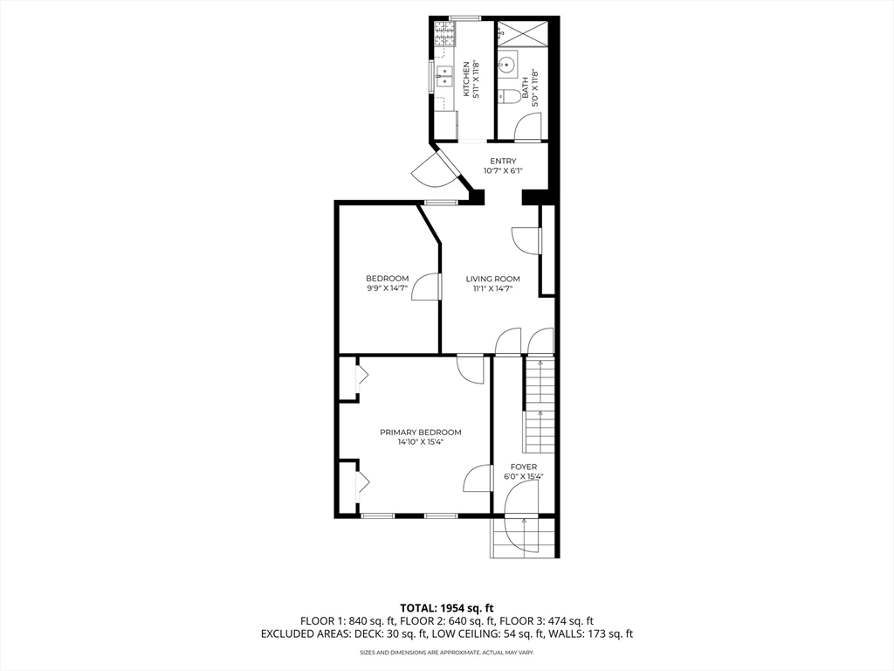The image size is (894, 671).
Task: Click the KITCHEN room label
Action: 466,80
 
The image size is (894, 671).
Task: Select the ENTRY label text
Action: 503,161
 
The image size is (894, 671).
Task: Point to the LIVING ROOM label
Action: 492,279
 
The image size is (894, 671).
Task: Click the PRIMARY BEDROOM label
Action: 421,432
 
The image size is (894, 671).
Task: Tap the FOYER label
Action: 524,467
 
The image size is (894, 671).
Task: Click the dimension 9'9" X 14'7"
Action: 387,288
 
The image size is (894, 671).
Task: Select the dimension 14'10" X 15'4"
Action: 421,441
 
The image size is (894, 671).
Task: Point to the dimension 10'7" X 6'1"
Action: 503,170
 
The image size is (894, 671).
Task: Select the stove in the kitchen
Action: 445,34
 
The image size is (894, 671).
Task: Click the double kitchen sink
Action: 444,77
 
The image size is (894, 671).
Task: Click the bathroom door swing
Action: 527,126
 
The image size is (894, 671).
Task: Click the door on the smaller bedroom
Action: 426,287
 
